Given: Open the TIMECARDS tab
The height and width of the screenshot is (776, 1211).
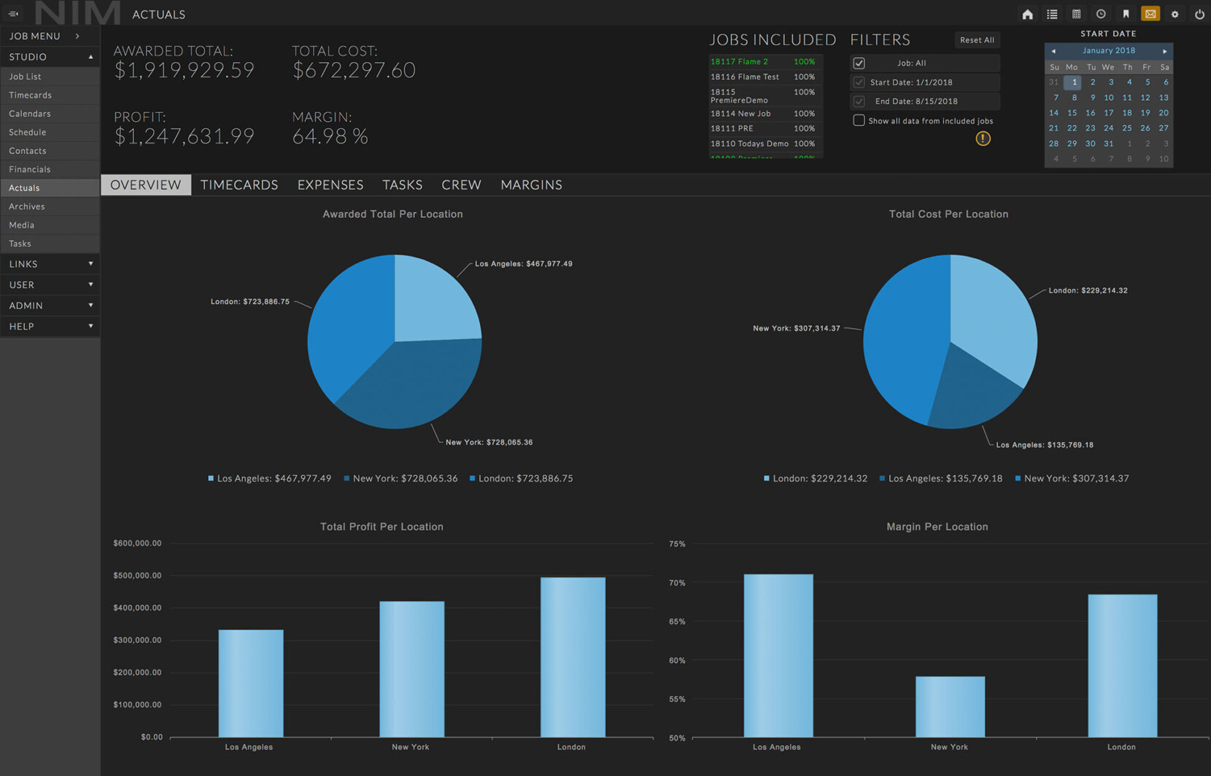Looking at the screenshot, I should click(x=239, y=185).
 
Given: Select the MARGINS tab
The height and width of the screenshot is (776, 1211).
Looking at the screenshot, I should click(x=531, y=185).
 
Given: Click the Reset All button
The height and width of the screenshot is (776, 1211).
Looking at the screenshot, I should click(x=977, y=40).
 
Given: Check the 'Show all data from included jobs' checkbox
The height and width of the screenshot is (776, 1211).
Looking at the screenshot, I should click(x=859, y=120).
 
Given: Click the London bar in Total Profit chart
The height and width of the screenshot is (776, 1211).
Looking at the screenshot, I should click(x=573, y=656).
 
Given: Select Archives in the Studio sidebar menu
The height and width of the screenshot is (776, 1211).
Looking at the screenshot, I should click(x=27, y=206).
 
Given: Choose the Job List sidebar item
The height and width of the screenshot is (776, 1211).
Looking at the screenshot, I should click(x=25, y=77).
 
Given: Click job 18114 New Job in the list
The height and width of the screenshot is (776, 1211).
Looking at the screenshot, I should click(x=740, y=114).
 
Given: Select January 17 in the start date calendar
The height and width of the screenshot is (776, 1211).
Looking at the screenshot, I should click(x=1108, y=113).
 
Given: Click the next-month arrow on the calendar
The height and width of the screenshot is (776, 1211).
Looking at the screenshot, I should click(x=1164, y=51).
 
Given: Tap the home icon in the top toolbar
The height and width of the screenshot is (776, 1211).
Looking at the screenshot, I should click(x=1027, y=14).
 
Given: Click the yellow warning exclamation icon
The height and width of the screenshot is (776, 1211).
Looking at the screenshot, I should click(x=983, y=139).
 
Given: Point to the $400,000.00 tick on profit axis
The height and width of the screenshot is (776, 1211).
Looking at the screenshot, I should click(x=137, y=608).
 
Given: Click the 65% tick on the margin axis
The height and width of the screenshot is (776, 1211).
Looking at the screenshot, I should click(x=677, y=622).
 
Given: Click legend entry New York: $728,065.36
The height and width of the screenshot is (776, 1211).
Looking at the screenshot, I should click(x=401, y=478).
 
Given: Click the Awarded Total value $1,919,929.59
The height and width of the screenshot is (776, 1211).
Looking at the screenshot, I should click(x=184, y=70).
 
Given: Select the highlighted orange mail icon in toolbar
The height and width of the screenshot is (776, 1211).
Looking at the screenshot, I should click(x=1150, y=14).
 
